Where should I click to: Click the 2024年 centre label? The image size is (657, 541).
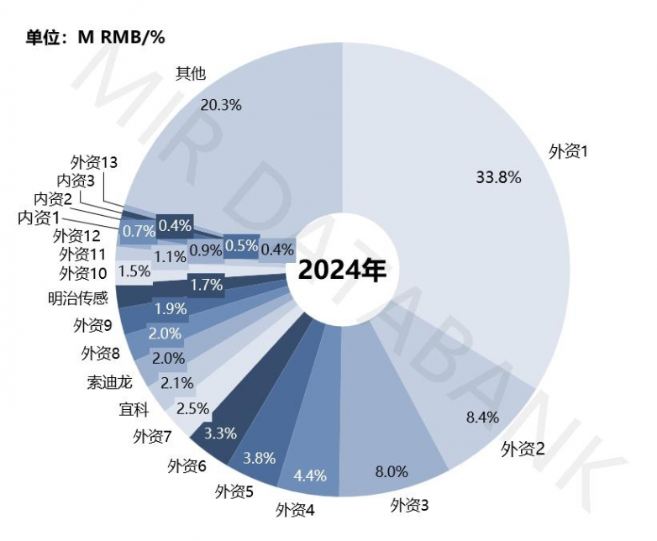click(x=341, y=271)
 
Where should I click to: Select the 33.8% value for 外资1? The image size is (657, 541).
click(x=499, y=177)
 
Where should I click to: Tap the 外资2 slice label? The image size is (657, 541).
click(x=523, y=449)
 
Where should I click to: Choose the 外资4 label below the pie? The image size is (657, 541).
click(x=296, y=509)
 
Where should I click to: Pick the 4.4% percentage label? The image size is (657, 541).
click(x=310, y=476)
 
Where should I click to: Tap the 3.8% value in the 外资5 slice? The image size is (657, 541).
click(x=258, y=459)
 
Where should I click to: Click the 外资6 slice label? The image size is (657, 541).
click(x=187, y=465)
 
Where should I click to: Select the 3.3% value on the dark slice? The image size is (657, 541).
click(x=220, y=434)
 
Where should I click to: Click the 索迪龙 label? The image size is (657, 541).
click(x=108, y=382)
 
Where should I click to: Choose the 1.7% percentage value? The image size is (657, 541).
click(x=206, y=285)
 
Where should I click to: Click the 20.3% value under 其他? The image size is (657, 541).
click(x=222, y=105)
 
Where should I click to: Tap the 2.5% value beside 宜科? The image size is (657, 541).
click(x=192, y=409)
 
